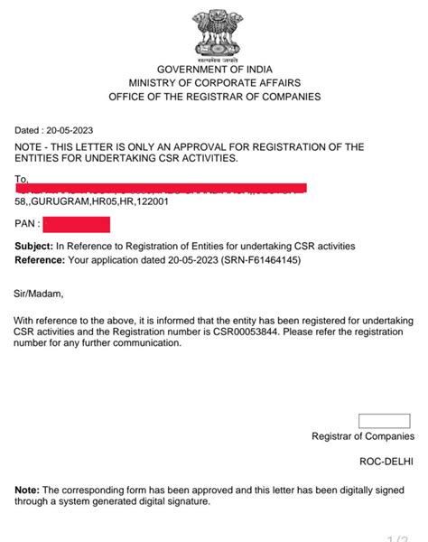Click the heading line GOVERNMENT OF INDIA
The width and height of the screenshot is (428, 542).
(x=214, y=70)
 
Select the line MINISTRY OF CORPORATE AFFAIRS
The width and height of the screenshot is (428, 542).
(x=214, y=83)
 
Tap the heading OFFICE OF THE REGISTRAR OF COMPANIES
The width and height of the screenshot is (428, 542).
(x=214, y=97)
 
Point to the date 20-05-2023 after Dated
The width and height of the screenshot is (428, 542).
(x=70, y=130)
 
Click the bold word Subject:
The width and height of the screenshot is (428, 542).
(x=33, y=246)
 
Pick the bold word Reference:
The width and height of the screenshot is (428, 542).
(x=40, y=259)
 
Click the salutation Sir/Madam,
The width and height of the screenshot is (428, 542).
(x=39, y=293)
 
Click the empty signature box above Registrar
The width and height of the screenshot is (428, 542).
(x=385, y=420)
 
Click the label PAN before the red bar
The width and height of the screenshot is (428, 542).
(x=25, y=221)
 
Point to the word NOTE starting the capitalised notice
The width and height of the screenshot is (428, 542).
(x=30, y=147)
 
